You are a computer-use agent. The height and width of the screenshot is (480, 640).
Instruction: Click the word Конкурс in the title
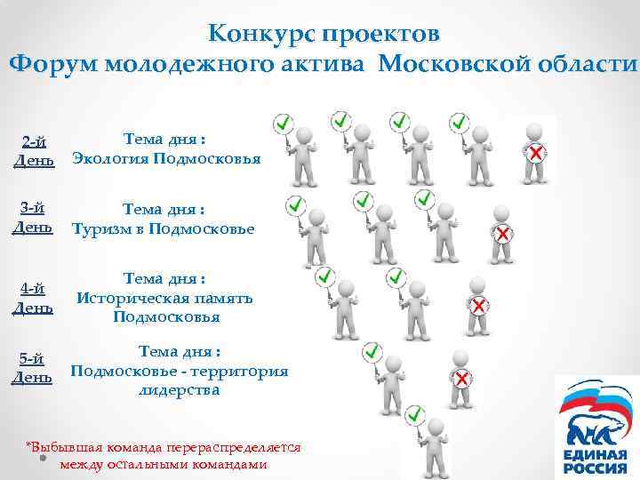click(260, 34)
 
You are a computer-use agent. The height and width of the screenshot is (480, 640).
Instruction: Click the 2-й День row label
click(35, 150)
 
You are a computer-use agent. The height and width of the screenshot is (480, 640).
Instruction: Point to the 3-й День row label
click(35, 218)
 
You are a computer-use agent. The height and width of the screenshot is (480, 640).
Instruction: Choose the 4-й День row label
click(35, 298)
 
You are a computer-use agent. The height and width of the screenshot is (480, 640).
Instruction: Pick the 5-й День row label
click(35, 368)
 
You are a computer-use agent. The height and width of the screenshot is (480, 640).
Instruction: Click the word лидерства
click(178, 389)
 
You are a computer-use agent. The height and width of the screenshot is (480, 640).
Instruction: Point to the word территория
click(240, 371)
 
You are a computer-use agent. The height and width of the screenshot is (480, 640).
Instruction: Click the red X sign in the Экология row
click(537, 155)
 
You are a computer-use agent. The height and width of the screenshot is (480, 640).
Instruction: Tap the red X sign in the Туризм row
click(502, 234)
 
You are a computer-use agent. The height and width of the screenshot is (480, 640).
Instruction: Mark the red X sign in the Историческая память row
click(477, 306)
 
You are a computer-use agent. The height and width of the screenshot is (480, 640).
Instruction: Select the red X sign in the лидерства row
click(461, 379)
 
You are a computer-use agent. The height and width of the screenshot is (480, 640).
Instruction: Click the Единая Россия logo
click(596, 427)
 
